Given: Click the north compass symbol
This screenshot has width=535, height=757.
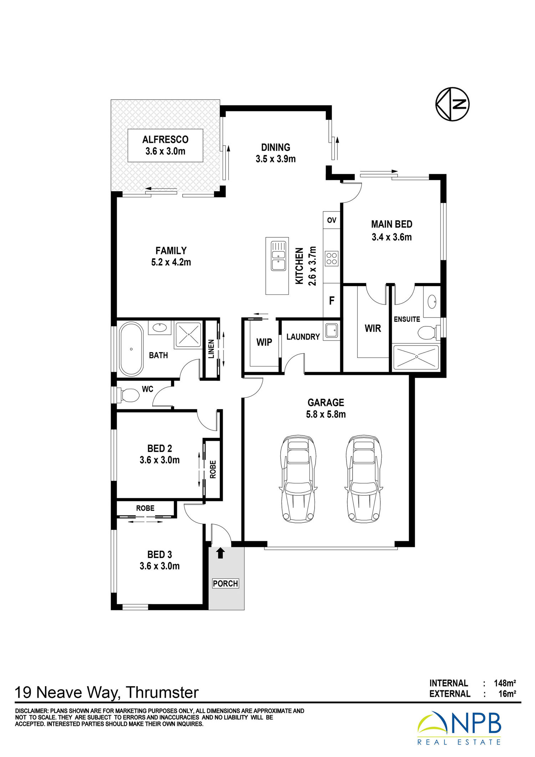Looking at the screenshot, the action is [x=452, y=104].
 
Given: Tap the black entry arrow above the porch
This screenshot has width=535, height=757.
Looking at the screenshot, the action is [x=220, y=553].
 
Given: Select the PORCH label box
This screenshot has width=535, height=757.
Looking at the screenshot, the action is [x=225, y=584].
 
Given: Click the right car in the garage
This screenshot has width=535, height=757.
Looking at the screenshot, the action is [x=363, y=479].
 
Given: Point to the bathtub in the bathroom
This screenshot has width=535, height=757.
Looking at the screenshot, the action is [x=131, y=349].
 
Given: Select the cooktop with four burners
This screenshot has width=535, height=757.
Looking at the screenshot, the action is [x=331, y=259].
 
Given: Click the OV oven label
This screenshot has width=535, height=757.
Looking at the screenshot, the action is [x=332, y=220].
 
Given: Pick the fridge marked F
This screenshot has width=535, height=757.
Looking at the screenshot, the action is [x=332, y=301].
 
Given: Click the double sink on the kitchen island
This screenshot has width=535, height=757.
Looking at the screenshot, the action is [x=278, y=256].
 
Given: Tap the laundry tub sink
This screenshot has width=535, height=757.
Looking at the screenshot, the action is [x=332, y=330].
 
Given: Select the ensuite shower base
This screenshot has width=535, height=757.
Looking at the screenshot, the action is [x=416, y=357].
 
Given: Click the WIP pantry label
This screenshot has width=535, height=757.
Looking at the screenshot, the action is [x=264, y=342].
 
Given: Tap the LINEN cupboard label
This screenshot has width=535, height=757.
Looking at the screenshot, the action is [x=211, y=349].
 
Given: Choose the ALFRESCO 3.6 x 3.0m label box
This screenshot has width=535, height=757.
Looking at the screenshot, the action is [x=165, y=146].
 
